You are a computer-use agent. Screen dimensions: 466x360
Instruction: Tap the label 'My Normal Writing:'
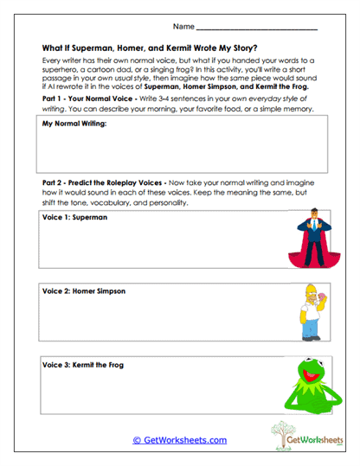click(74, 125)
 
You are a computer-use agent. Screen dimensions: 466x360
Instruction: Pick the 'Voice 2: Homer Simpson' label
click(84, 291)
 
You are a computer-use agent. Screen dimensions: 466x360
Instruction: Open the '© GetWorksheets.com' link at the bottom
click(180, 440)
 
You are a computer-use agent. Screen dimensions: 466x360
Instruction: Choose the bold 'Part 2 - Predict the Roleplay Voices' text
click(107, 184)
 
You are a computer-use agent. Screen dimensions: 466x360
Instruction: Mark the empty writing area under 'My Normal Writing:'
click(182, 154)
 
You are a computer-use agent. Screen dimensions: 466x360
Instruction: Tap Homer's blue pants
click(312, 328)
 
